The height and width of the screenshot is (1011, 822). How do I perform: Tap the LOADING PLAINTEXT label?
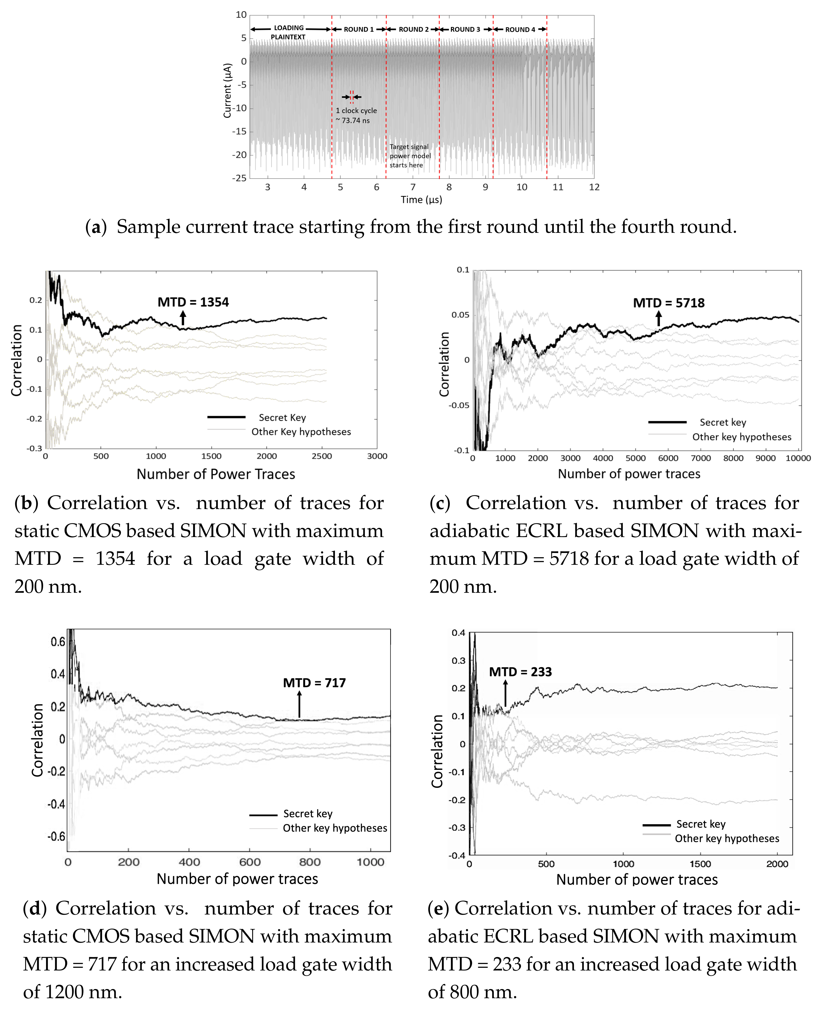click(x=288, y=32)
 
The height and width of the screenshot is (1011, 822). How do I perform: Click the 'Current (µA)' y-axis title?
click(x=228, y=91)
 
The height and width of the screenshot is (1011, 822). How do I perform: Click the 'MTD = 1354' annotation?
click(x=193, y=302)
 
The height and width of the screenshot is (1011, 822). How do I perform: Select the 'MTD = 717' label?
click(x=314, y=682)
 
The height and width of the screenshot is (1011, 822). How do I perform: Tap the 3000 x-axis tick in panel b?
click(x=377, y=456)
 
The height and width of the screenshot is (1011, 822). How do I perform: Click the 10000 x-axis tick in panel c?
click(x=798, y=458)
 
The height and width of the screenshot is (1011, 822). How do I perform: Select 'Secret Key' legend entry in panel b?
click(x=282, y=417)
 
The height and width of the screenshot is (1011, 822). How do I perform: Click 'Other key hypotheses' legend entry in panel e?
click(x=727, y=838)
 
